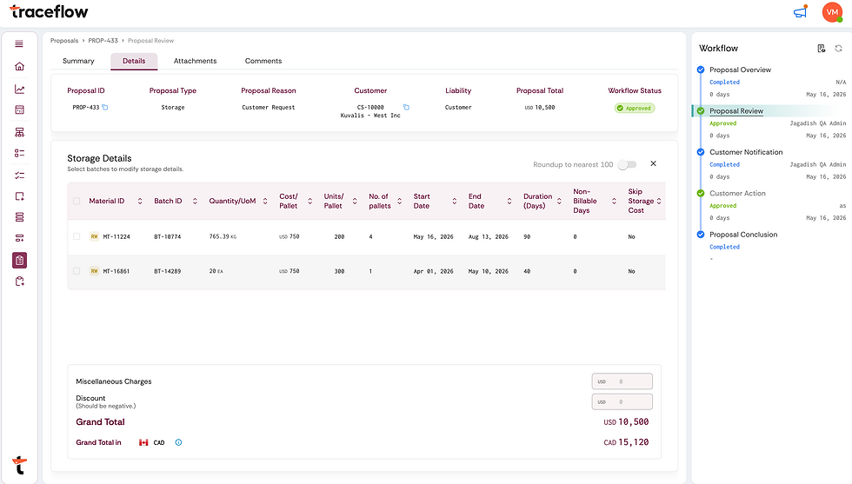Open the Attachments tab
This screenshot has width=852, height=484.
click(195, 61)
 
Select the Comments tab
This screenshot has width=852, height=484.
click(263, 61)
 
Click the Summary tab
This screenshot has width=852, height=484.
click(78, 61)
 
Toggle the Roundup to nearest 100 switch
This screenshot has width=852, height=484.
click(627, 164)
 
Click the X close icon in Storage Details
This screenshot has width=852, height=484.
click(653, 163)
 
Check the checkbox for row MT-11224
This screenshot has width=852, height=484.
click(77, 236)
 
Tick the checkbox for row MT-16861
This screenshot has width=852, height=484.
click(77, 271)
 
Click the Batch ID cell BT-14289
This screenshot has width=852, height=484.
click(167, 271)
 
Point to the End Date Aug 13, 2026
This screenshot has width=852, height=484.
click(489, 237)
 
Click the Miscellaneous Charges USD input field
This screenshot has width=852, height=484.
click(622, 381)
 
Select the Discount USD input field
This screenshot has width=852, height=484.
click(622, 402)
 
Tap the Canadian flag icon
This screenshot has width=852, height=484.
click(143, 442)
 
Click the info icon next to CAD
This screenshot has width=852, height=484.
click(178, 442)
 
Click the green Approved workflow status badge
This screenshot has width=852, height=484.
click(635, 108)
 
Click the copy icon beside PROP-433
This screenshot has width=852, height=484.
click(105, 107)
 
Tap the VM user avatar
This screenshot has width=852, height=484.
click(832, 12)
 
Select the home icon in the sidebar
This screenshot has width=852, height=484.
click(19, 66)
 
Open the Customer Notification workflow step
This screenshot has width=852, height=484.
click(746, 152)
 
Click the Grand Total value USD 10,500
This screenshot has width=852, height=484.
click(626, 422)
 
